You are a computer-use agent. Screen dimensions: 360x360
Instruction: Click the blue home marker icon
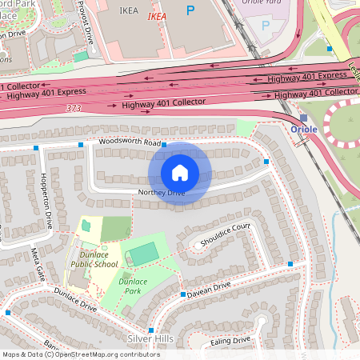[x=180, y=172]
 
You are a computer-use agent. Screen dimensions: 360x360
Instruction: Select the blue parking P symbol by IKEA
[x=190, y=10]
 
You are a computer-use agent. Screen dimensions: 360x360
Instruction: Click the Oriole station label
[x=304, y=129]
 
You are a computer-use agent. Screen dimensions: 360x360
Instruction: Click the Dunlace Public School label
[x=94, y=259]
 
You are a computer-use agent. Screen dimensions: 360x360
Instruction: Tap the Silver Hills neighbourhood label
[x=150, y=338]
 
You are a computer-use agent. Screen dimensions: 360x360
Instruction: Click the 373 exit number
[x=74, y=108]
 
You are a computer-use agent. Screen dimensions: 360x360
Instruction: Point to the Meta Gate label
[x=37, y=264]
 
